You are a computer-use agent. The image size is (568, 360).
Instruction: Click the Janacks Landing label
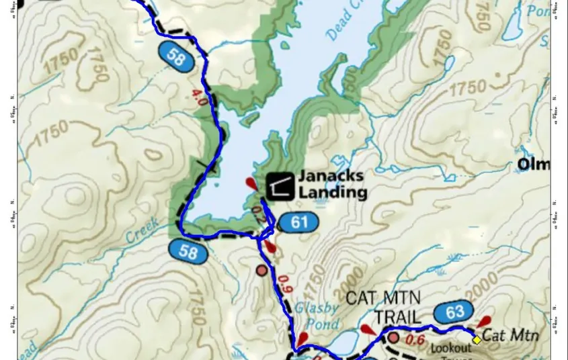pos(332,184)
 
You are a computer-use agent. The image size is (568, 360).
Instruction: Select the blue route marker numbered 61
pos(297,222)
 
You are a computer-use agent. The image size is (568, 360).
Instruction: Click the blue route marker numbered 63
pos(455,312)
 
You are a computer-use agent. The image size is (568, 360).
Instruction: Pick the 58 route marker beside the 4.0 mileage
pos(177,57)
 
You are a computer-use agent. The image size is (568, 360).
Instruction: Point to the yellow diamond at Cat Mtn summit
pos(477,340)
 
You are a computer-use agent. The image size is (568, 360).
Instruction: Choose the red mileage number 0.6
pos(415,340)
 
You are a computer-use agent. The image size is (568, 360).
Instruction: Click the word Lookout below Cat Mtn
pos(450,348)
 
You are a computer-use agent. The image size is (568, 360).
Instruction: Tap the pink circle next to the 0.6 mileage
pos(393,336)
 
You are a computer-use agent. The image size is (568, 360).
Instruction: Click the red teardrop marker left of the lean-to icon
pos(251,184)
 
